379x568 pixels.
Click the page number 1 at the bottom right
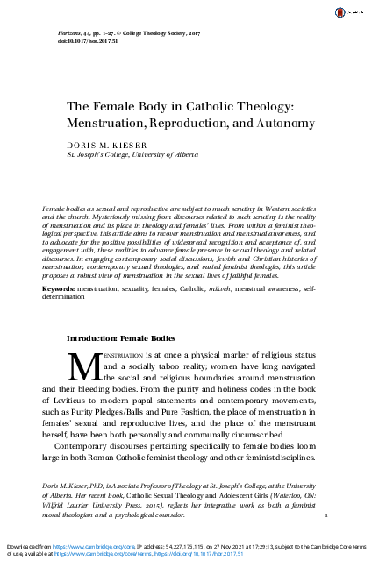tap(325, 516)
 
